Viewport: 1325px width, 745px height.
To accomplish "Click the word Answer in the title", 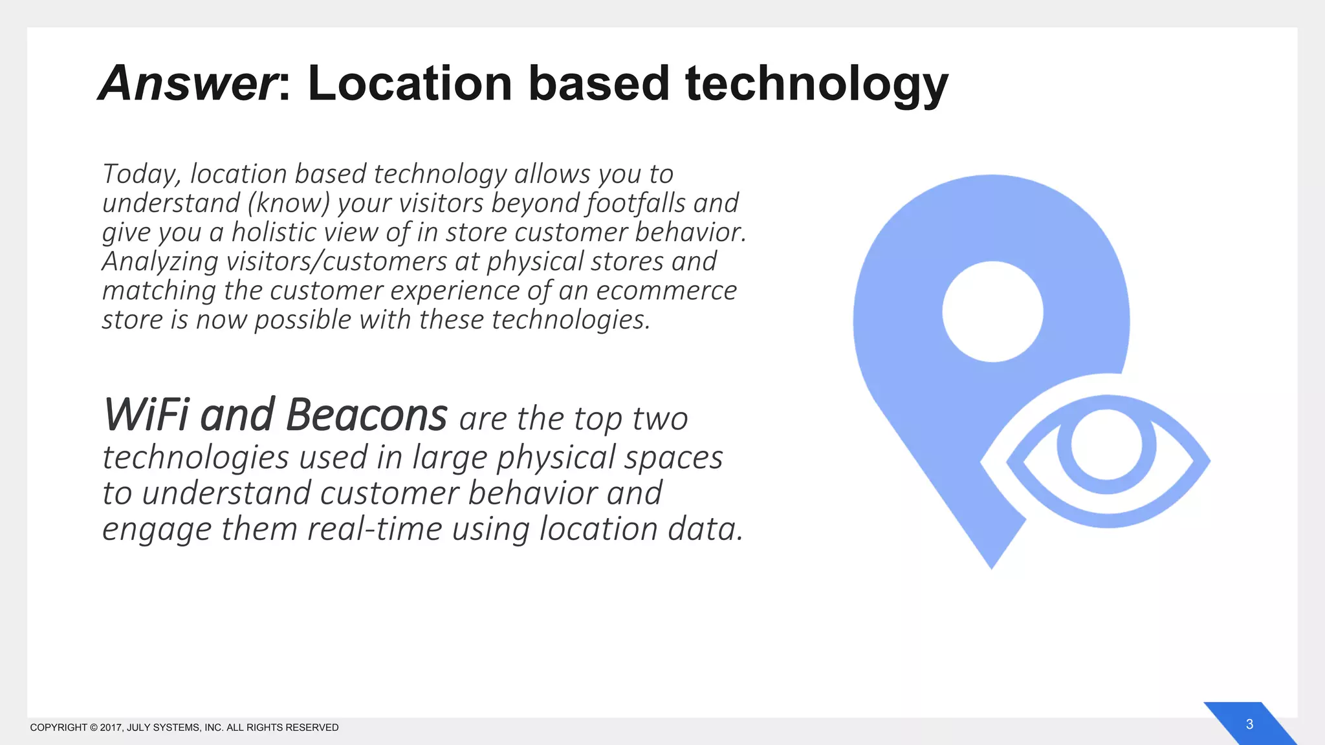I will pos(188,84).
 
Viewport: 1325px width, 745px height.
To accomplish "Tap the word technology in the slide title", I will pos(816,84).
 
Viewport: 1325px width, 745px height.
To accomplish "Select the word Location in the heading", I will pos(410,84).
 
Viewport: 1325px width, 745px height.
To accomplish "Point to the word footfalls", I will pos(635,203).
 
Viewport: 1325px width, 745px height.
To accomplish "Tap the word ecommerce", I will pos(666,291).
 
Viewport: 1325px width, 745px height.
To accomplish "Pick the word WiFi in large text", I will pos(147,415).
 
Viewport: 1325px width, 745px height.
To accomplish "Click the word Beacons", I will pos(366,415).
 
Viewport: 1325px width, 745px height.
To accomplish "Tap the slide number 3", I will pos(1249,724).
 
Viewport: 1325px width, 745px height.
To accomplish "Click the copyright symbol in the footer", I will pos(93,728).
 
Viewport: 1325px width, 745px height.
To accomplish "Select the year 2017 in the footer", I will pos(111,728).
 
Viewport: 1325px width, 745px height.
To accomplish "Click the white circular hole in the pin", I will pos(992,312).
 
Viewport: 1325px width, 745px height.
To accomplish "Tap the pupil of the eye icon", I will pos(1106,446).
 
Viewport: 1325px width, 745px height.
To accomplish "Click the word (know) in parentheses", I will pos(289,203).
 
